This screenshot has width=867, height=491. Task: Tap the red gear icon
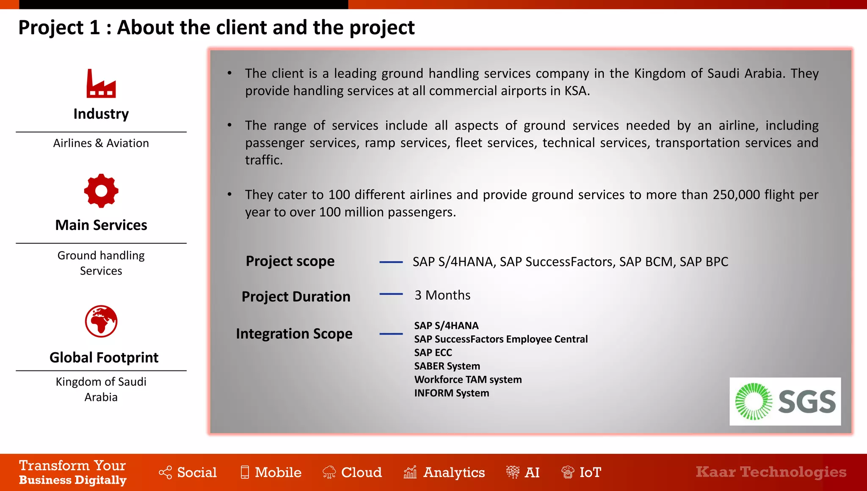(x=101, y=191)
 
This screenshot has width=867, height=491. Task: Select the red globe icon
(x=101, y=321)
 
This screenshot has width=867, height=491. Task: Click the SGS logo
(x=785, y=401)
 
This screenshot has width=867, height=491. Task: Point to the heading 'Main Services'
(x=101, y=225)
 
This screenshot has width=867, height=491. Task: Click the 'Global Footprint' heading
(x=104, y=357)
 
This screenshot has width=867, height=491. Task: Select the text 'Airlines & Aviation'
(x=101, y=143)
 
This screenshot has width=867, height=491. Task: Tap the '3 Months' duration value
(x=442, y=295)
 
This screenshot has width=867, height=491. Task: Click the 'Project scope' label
(x=290, y=261)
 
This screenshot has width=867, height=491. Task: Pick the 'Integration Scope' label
(x=294, y=334)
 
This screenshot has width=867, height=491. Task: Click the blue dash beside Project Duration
(x=391, y=294)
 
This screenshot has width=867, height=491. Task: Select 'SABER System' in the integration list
(x=447, y=366)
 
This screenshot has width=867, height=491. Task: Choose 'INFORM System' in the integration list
(x=451, y=393)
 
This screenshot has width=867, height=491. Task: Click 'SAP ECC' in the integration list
(x=433, y=352)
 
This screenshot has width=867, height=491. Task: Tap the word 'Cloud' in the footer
(x=362, y=472)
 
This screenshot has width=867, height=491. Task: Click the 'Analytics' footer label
(x=454, y=472)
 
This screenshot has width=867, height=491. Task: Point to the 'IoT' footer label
(x=590, y=472)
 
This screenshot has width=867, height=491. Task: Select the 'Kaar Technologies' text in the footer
(x=771, y=472)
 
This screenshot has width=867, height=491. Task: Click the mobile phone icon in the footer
(x=245, y=472)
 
